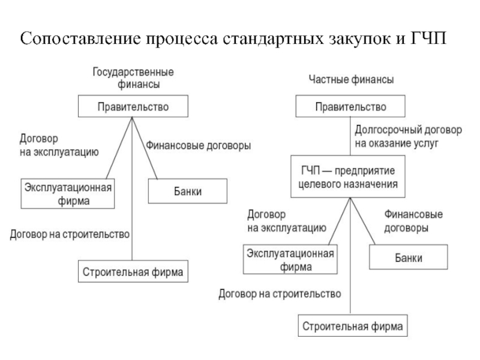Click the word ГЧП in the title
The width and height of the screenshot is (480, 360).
(x=428, y=38)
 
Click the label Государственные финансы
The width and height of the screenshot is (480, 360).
(x=133, y=78)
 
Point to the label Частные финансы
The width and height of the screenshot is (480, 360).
(x=351, y=80)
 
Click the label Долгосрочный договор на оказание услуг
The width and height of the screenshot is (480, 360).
(x=409, y=137)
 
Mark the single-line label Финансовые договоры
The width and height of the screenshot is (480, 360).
(x=198, y=145)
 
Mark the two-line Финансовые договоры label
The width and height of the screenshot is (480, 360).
(x=413, y=221)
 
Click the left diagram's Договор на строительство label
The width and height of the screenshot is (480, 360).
(x=70, y=235)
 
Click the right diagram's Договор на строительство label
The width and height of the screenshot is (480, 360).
(x=280, y=294)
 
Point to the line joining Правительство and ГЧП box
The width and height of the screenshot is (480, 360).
(x=350, y=136)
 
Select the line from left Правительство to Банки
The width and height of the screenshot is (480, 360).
(x=145, y=148)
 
